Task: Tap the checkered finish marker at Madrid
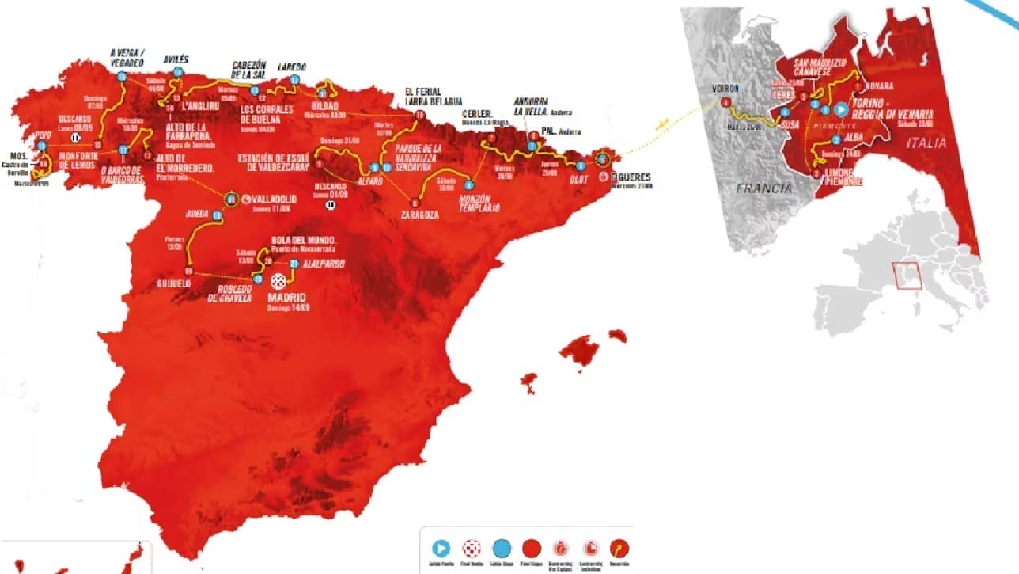278,281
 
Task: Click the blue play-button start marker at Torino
842,109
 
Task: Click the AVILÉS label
176,59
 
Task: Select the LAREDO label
291,67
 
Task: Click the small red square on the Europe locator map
907,276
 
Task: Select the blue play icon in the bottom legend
441,547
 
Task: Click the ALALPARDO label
323,264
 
